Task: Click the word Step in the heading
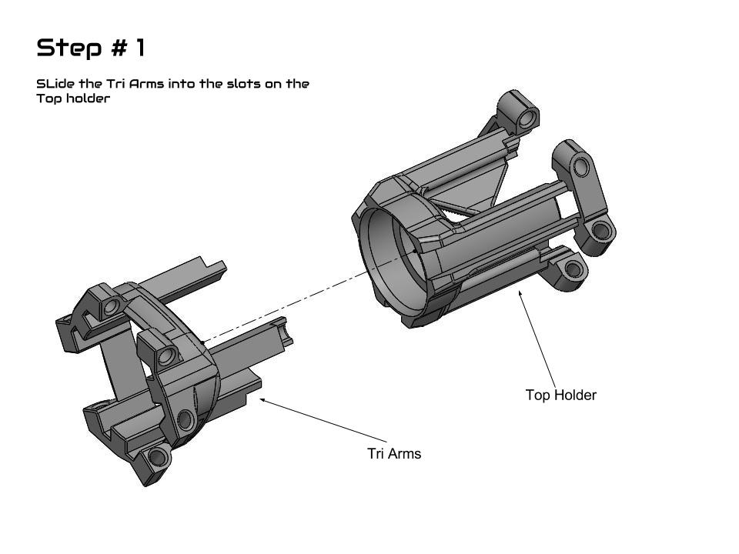coord(69,48)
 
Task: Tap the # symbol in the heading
coord(119,48)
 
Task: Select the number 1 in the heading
coord(140,48)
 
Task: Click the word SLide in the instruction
coord(55,84)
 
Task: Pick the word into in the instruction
coord(182,84)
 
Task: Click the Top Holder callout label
coord(561,395)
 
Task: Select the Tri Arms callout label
coord(394,453)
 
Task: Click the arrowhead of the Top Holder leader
coord(520,293)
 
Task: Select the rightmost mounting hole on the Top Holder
coord(601,230)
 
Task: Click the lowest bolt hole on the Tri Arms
coord(158,457)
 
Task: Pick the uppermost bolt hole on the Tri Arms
coord(112,307)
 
